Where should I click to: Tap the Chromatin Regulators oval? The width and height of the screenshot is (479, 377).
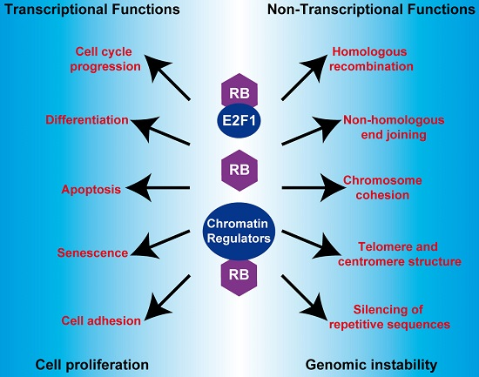(239, 231)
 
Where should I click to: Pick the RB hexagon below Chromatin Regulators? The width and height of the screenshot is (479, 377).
(239, 273)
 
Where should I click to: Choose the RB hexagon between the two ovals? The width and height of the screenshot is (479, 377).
(239, 166)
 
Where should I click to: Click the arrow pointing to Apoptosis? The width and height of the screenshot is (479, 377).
(158, 186)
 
